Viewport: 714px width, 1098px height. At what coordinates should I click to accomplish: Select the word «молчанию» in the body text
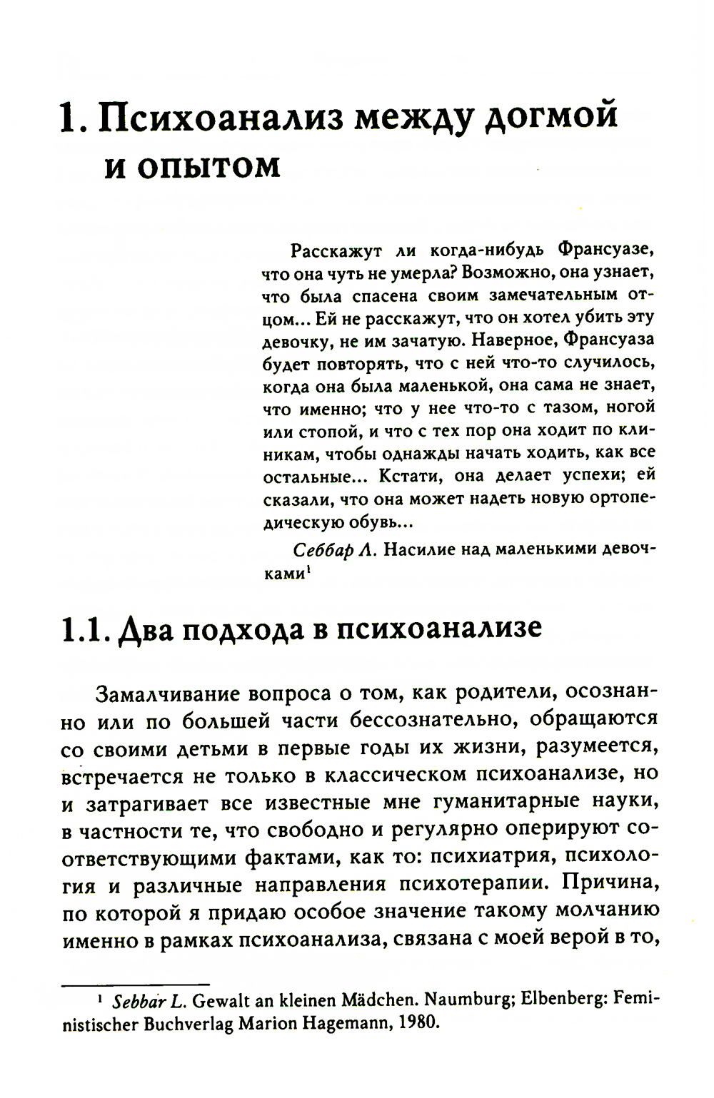606,913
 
